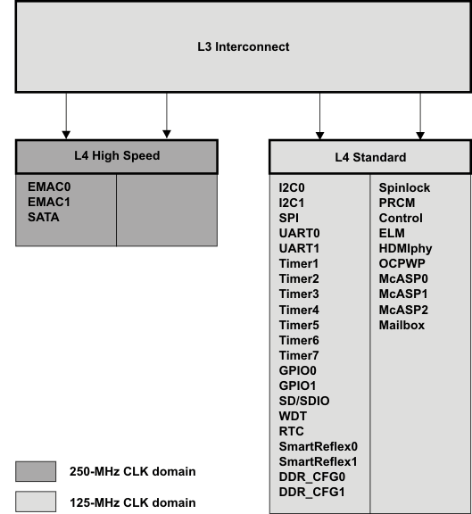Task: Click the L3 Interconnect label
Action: (243, 46)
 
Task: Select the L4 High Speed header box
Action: (116, 156)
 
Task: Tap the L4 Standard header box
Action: (370, 158)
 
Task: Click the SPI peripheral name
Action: (290, 219)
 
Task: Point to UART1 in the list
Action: (299, 249)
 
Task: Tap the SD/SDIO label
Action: (303, 402)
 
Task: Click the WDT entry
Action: (292, 417)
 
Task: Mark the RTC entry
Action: (291, 432)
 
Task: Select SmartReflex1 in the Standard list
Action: (318, 462)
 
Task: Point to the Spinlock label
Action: (404, 188)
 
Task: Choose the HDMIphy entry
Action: (406, 249)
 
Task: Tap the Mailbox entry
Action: (402, 326)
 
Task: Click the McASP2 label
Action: (403, 311)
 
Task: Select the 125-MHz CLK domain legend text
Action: (133, 502)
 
